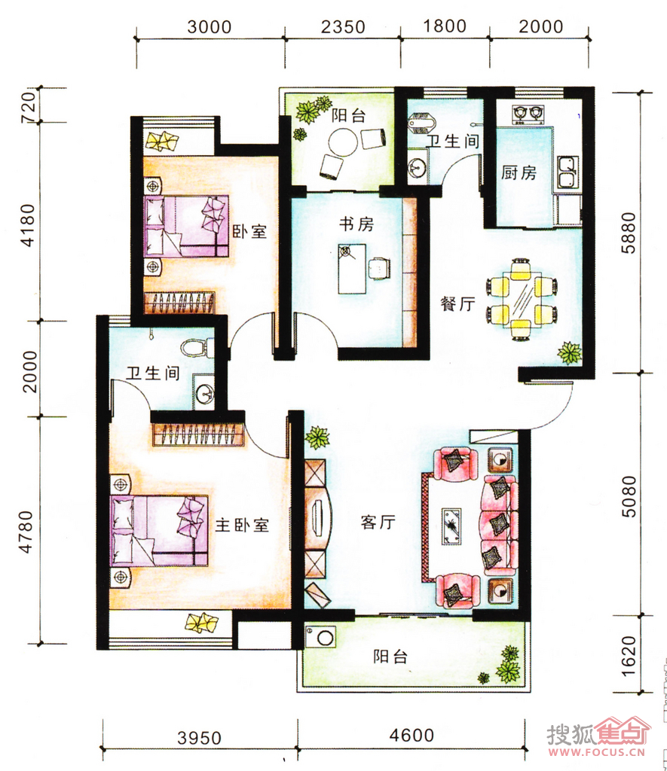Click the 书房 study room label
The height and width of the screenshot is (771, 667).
(356, 224)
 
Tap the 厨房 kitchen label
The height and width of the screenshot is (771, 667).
(519, 172)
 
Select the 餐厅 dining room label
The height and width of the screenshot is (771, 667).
(457, 303)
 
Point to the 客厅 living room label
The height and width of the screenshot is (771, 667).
(378, 522)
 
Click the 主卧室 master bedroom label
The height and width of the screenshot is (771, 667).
(242, 525)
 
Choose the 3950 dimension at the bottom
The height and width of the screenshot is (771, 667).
(200, 738)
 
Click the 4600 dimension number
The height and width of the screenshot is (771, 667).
(412, 735)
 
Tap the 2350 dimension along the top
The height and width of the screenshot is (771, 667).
(343, 26)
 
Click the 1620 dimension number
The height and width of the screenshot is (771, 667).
(629, 656)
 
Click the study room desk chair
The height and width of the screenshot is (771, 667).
(380, 268)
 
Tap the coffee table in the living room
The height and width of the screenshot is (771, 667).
(451, 526)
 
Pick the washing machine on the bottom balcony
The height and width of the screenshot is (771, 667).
(321, 637)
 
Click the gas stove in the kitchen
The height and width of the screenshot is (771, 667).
(528, 114)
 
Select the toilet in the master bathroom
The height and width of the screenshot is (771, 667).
(197, 348)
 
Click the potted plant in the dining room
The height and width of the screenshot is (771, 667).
(570, 353)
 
